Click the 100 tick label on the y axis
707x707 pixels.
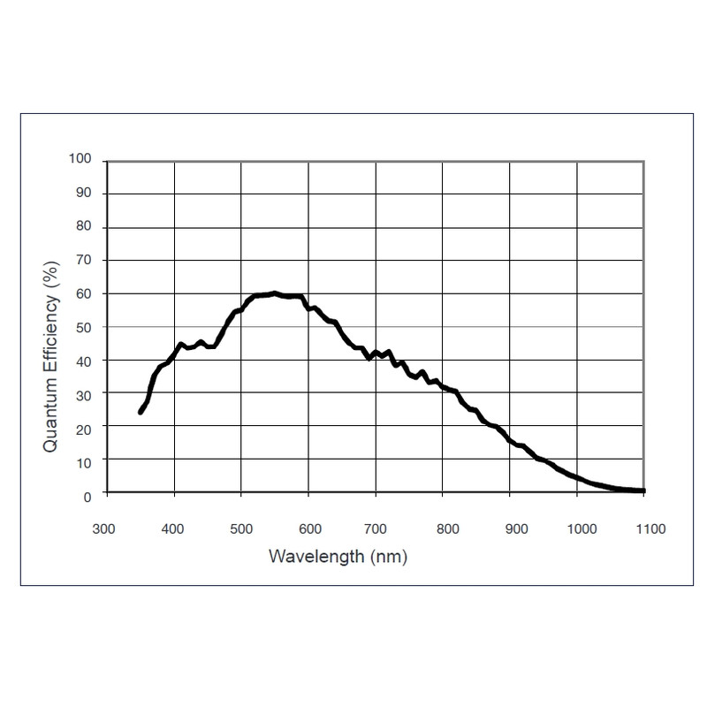point(80,160)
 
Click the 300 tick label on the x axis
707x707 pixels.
point(104,529)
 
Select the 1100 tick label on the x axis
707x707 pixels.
point(649,529)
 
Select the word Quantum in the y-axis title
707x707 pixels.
point(50,414)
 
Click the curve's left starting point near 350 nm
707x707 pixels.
point(141,412)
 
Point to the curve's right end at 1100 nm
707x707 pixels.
point(643,490)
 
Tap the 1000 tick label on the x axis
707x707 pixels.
point(582,529)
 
